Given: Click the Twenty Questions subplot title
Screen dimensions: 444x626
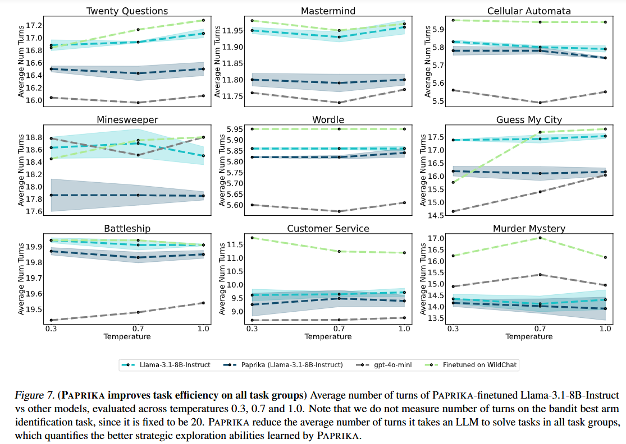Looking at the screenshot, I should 127,11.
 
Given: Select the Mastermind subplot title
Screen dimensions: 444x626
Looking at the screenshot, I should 328,11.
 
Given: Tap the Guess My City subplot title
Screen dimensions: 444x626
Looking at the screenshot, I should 529,120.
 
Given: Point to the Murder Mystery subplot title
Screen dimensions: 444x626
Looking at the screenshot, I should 529,229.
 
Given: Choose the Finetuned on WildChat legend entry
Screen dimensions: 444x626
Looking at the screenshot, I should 480,365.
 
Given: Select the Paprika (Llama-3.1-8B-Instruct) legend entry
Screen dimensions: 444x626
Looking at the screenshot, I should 291,365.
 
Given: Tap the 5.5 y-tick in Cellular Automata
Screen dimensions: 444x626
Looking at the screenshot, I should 436,101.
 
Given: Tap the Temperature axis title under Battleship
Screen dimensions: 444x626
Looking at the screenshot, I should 127,337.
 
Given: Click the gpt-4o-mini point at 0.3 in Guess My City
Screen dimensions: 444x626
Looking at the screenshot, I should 453,211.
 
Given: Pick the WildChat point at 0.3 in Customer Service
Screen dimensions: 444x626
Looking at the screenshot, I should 252,238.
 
